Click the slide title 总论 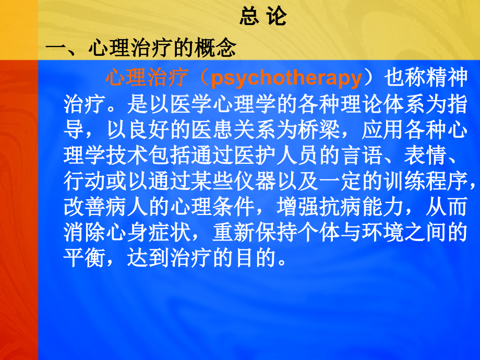(x=263, y=17)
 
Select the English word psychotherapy (x=286, y=79)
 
